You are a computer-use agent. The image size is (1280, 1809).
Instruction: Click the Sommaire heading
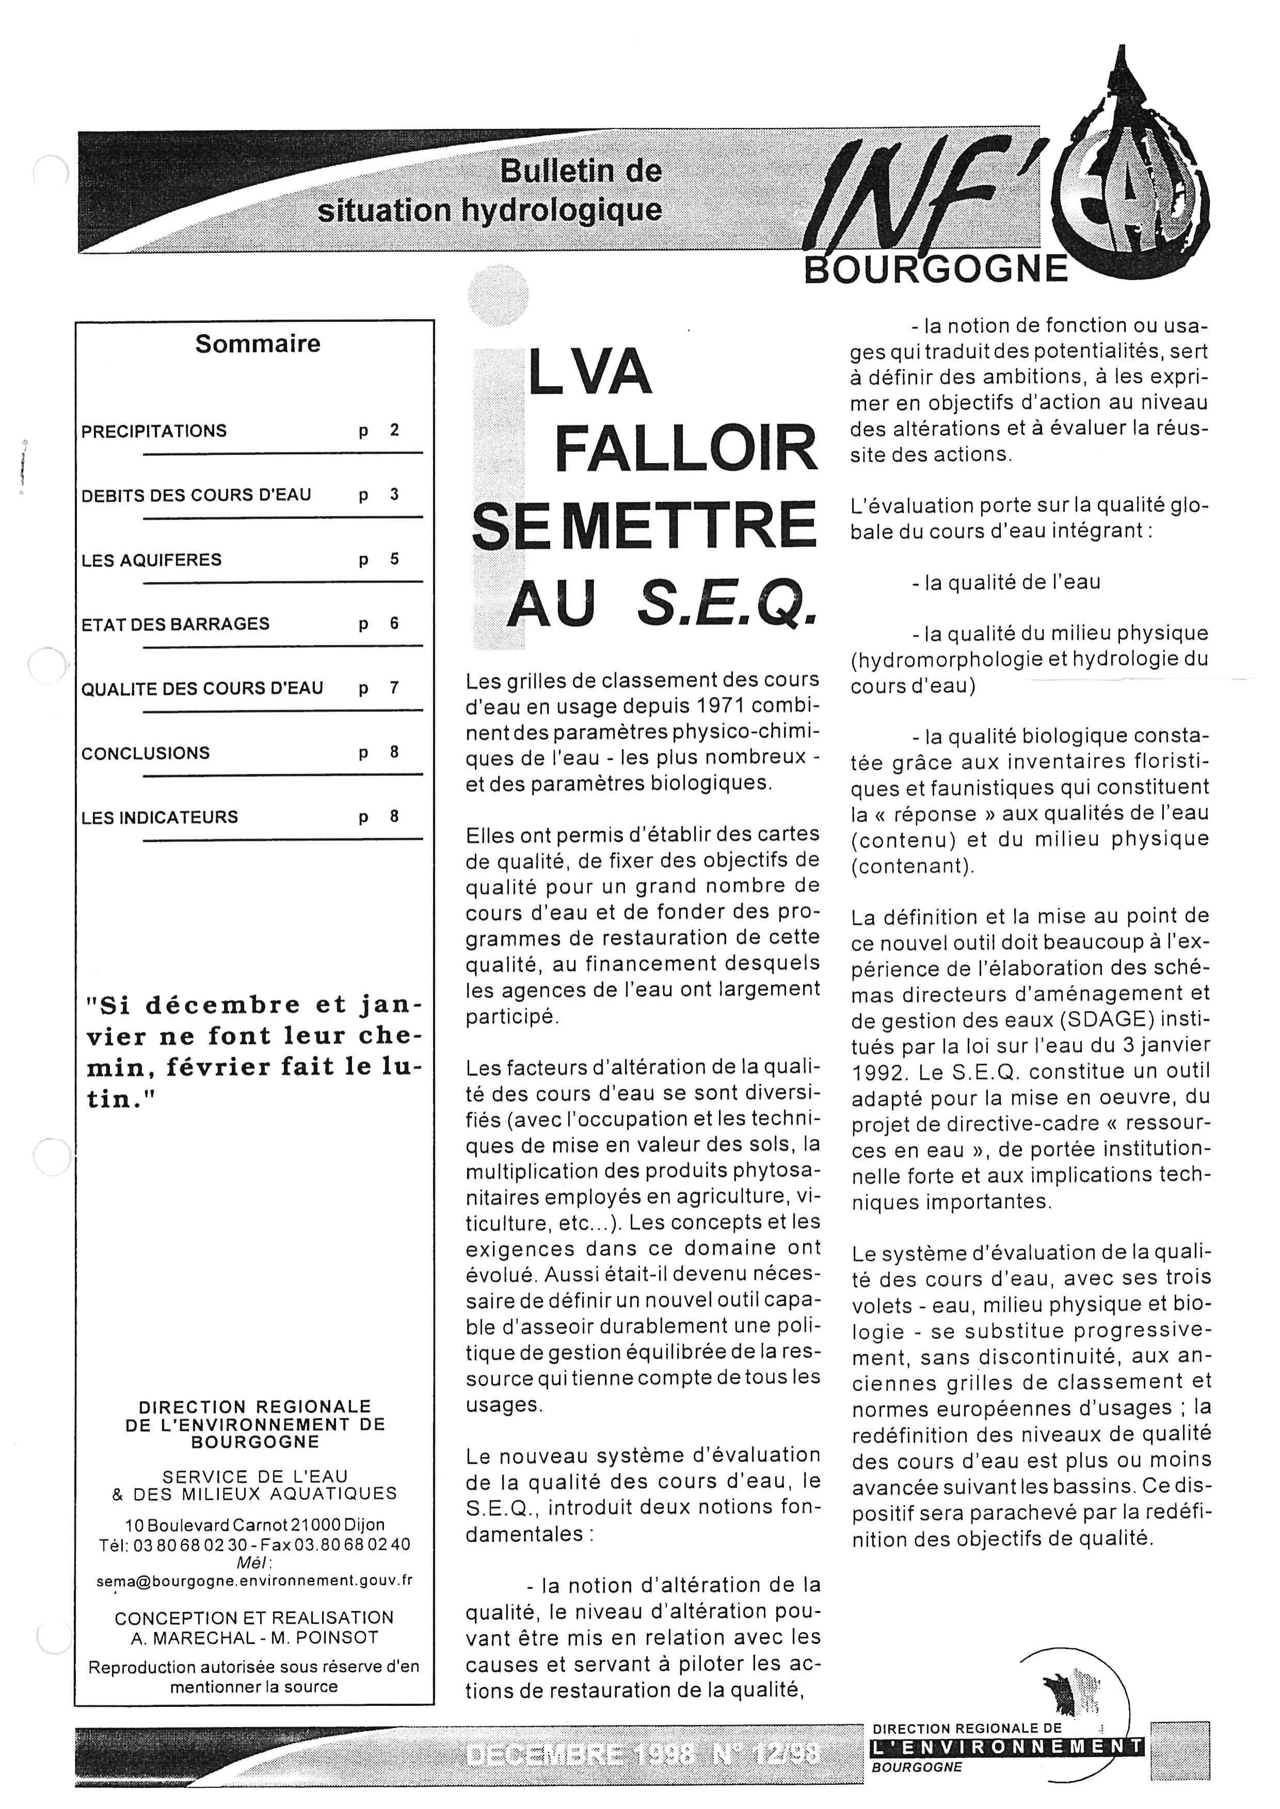point(258,344)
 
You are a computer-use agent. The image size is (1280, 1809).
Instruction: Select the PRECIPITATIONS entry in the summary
point(154,431)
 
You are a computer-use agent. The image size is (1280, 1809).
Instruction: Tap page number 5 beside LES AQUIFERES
point(394,559)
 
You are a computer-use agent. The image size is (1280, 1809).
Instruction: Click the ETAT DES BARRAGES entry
point(175,624)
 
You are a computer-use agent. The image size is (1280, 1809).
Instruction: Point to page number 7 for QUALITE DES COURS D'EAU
point(394,688)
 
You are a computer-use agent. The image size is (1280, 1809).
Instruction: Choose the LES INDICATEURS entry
point(159,818)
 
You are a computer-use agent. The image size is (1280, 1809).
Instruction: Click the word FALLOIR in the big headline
point(686,449)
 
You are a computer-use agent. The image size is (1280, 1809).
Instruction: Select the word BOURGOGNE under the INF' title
point(936,270)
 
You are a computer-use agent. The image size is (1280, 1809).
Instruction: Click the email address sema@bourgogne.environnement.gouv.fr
point(254,1580)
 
